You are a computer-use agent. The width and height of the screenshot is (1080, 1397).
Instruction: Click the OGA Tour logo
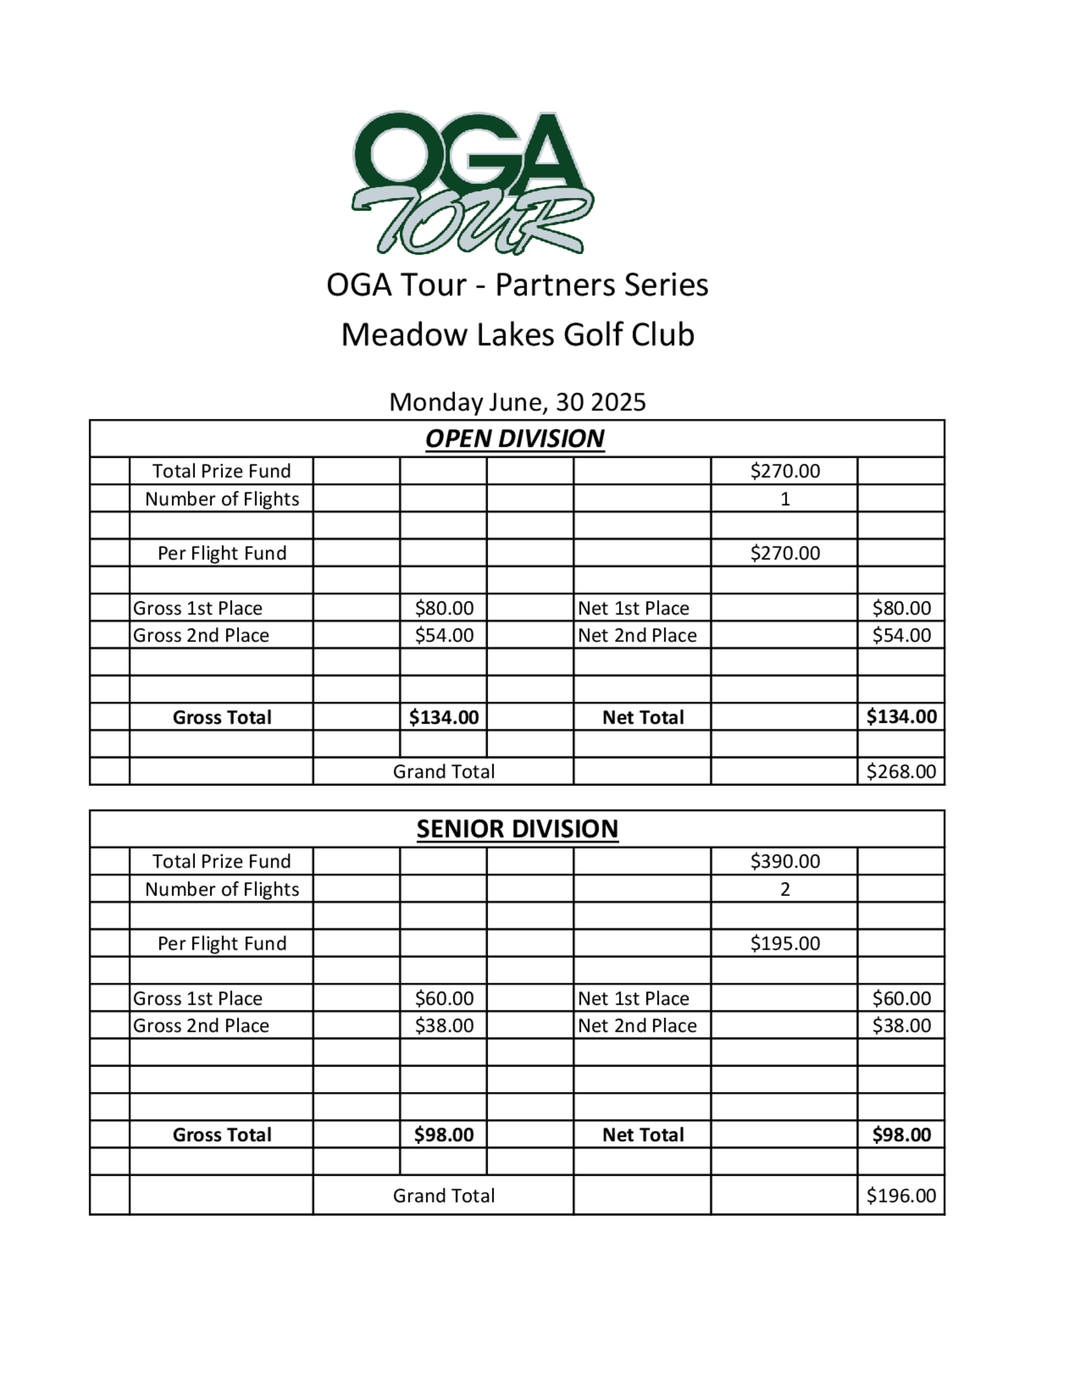pos(472,182)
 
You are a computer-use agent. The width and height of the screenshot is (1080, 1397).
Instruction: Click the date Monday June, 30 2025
pos(517,402)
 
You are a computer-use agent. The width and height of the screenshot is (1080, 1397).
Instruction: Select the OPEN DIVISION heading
pos(515,439)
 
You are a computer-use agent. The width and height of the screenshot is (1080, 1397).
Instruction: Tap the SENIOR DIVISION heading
pos(517,829)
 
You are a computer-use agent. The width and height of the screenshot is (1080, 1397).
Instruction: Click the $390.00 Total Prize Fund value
pos(785,862)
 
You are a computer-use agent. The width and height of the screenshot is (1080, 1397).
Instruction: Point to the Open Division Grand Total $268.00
pos(901,771)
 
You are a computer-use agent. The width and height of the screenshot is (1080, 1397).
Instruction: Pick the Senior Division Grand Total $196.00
pos(901,1196)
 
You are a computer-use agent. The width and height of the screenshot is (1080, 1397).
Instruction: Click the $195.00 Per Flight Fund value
pos(785,944)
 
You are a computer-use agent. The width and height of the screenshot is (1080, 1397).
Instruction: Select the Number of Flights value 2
pos(785,889)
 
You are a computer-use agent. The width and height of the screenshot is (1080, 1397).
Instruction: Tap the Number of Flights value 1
pos(785,499)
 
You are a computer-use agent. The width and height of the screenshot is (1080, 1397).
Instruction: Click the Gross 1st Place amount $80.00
pos(444,608)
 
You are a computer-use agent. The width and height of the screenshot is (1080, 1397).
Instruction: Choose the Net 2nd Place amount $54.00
pos(901,635)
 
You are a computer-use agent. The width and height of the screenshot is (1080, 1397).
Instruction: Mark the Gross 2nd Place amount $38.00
pos(444,1026)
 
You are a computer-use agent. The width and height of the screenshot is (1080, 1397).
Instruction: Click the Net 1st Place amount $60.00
pos(901,999)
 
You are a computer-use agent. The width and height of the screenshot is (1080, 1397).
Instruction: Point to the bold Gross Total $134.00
pos(444,717)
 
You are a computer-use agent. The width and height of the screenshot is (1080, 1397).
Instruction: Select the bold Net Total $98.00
pos(901,1135)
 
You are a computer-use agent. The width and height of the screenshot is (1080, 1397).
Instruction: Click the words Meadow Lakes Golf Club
pos(517,335)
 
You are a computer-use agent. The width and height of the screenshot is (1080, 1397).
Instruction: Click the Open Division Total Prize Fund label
pos(221,471)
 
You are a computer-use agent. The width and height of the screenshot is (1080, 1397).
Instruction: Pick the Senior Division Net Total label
pos(643,1135)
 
